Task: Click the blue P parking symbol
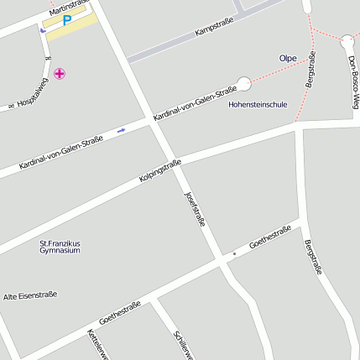click(x=66, y=20)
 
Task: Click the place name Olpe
click(x=288, y=58)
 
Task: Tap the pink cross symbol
click(x=60, y=75)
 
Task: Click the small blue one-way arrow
click(x=122, y=130)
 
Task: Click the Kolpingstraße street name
click(x=160, y=171)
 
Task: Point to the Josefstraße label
click(x=195, y=209)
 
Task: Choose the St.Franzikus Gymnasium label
click(x=60, y=247)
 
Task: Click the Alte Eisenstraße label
click(x=30, y=295)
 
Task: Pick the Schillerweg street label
click(x=183, y=346)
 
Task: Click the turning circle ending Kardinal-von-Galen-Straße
click(x=244, y=84)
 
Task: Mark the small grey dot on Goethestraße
click(x=234, y=253)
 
